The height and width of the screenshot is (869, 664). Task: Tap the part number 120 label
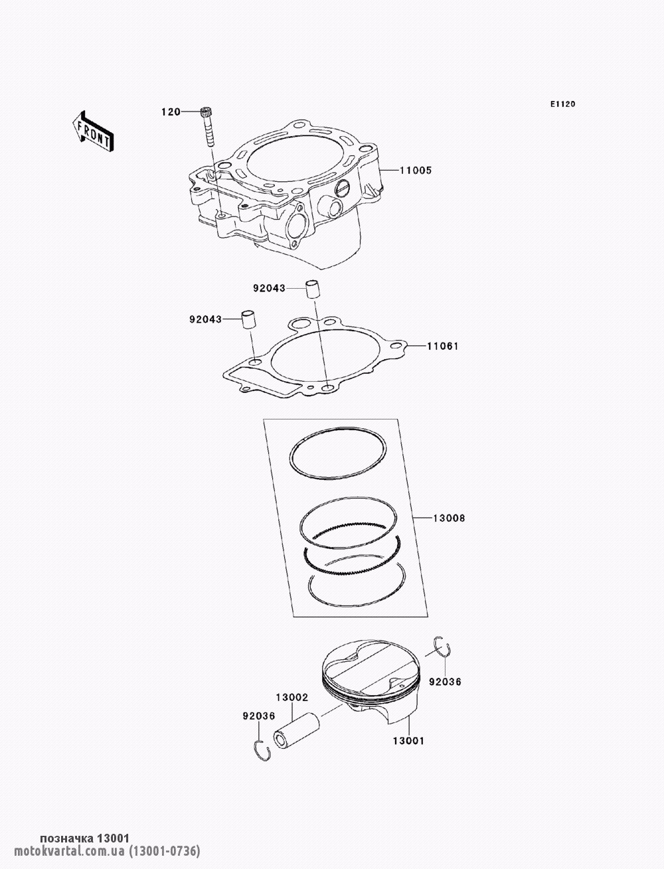click(x=171, y=112)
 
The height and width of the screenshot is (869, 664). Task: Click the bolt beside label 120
click(x=207, y=126)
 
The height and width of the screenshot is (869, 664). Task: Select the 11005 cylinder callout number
click(x=416, y=171)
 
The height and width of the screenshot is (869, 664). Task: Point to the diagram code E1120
click(x=562, y=104)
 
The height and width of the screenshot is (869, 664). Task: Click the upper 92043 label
click(x=269, y=289)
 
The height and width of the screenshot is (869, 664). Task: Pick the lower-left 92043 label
click(x=205, y=319)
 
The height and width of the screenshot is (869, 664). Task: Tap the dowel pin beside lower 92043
click(x=248, y=320)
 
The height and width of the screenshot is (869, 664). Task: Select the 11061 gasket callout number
click(x=443, y=347)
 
